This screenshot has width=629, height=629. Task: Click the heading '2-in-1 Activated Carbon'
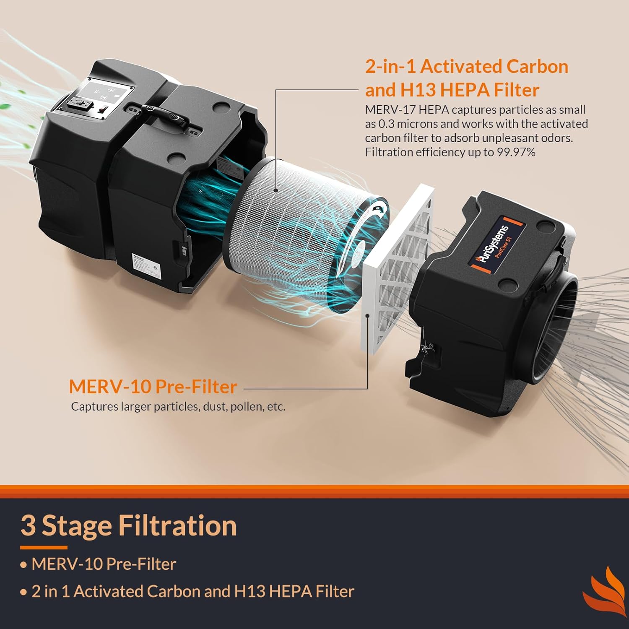coord(466,67)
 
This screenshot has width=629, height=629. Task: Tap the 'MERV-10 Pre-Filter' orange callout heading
coord(153,387)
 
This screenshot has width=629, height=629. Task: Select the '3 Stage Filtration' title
coord(128,525)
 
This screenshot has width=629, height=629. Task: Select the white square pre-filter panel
coord(396,268)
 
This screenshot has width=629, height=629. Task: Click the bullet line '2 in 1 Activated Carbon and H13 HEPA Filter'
coord(192,591)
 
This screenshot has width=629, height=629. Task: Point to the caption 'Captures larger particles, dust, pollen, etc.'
coord(178,406)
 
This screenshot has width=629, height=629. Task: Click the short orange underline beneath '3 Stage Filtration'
coord(44,547)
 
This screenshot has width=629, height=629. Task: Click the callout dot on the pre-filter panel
coord(367,316)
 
